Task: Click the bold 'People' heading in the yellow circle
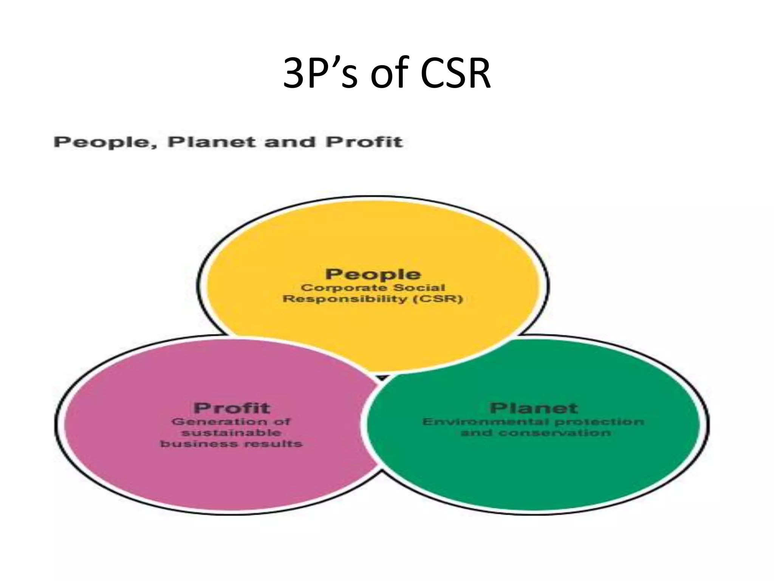373,274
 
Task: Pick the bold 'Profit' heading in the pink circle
232,408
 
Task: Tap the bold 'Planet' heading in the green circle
534,408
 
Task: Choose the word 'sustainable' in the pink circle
232,432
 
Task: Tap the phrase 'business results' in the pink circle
231,443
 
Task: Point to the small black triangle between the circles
382,377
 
